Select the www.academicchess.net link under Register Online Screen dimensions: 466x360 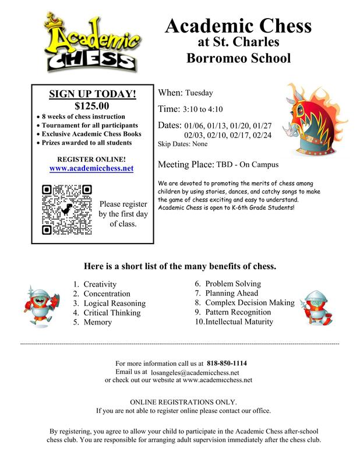coord(91,168)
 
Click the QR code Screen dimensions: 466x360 coord(67,209)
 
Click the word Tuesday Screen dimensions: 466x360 coord(199,93)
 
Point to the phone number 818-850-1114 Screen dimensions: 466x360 coord(231,363)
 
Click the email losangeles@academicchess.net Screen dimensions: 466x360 coord(195,372)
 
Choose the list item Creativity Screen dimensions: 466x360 coord(100,284)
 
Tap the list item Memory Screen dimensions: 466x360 coord(97,322)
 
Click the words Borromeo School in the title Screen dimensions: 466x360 coord(238,58)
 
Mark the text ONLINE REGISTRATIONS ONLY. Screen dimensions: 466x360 coord(183,402)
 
